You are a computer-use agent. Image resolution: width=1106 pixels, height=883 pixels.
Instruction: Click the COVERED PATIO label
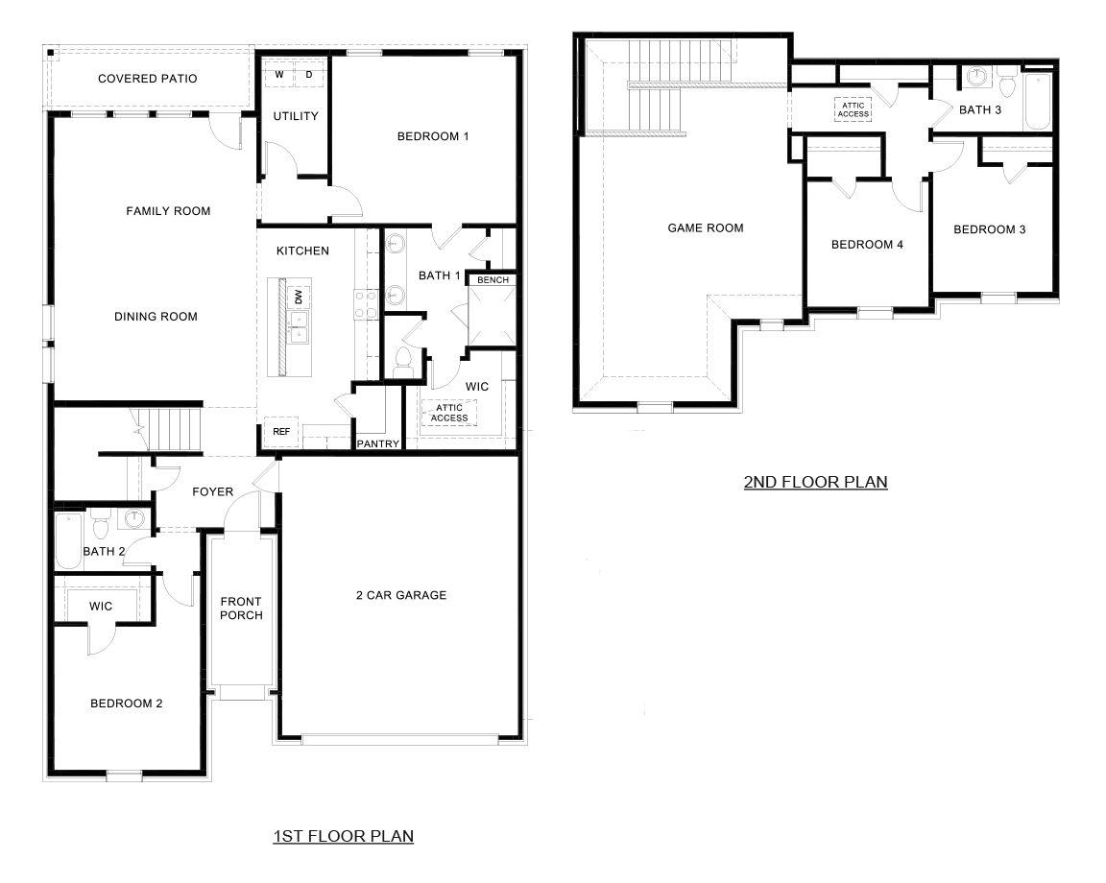(x=147, y=79)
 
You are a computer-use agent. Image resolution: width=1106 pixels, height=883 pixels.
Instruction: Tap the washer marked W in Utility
(x=279, y=74)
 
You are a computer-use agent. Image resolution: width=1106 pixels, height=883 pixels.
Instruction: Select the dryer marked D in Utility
(x=309, y=74)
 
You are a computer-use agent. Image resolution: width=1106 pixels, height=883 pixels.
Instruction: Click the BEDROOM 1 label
(x=432, y=136)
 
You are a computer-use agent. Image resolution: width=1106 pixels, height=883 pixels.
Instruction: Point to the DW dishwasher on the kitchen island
(x=299, y=297)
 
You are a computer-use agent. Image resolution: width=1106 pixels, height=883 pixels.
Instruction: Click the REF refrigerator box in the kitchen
(x=281, y=432)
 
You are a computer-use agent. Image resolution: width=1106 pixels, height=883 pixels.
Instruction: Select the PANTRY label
(x=377, y=443)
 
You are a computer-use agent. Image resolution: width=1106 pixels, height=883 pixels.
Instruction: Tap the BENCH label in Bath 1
(x=493, y=280)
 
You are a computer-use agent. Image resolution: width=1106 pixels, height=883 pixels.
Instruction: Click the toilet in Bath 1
(x=403, y=362)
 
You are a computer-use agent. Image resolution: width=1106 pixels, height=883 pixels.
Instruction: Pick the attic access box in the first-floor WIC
(x=449, y=413)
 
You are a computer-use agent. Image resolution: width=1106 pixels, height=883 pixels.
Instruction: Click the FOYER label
(x=212, y=491)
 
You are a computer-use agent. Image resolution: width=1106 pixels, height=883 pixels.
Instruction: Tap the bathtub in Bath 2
(x=67, y=541)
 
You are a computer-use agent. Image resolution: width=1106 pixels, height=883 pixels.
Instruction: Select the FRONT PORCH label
(x=241, y=609)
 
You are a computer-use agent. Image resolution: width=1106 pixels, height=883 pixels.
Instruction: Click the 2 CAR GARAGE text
(x=401, y=595)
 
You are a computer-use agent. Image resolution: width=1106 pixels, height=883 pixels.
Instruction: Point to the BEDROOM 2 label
(x=126, y=704)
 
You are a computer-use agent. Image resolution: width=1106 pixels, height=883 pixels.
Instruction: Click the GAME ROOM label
(x=706, y=228)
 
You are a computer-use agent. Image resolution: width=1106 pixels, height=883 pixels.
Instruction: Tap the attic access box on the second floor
(x=853, y=109)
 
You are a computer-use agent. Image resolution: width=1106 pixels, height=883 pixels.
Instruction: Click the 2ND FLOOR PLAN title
(x=815, y=482)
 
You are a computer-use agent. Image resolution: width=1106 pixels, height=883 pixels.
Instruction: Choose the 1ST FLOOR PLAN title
(x=344, y=836)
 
